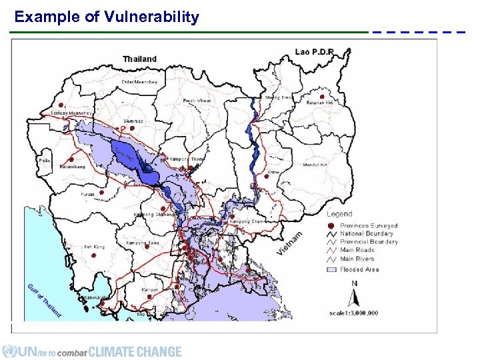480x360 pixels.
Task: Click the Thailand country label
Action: coord(140,59)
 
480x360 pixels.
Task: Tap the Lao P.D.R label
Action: coord(314,51)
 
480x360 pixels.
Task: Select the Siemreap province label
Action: coord(133,121)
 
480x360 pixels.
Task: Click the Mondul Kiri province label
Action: coord(315,165)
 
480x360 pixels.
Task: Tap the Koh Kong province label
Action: coord(94,247)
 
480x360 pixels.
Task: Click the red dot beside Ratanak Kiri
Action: coord(321,95)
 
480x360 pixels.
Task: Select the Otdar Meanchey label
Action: coord(140,82)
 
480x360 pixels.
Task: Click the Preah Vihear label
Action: coord(197,101)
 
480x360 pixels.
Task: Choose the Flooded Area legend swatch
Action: coord(332,269)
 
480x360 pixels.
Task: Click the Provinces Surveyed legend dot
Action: coord(333,226)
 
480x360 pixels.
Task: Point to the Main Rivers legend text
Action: coord(357,259)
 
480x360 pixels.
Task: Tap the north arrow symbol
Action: coord(353,294)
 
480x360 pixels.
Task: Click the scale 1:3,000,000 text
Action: coord(353,312)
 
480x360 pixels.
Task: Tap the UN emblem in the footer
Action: coord(9,351)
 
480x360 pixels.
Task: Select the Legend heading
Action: coord(339,214)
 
